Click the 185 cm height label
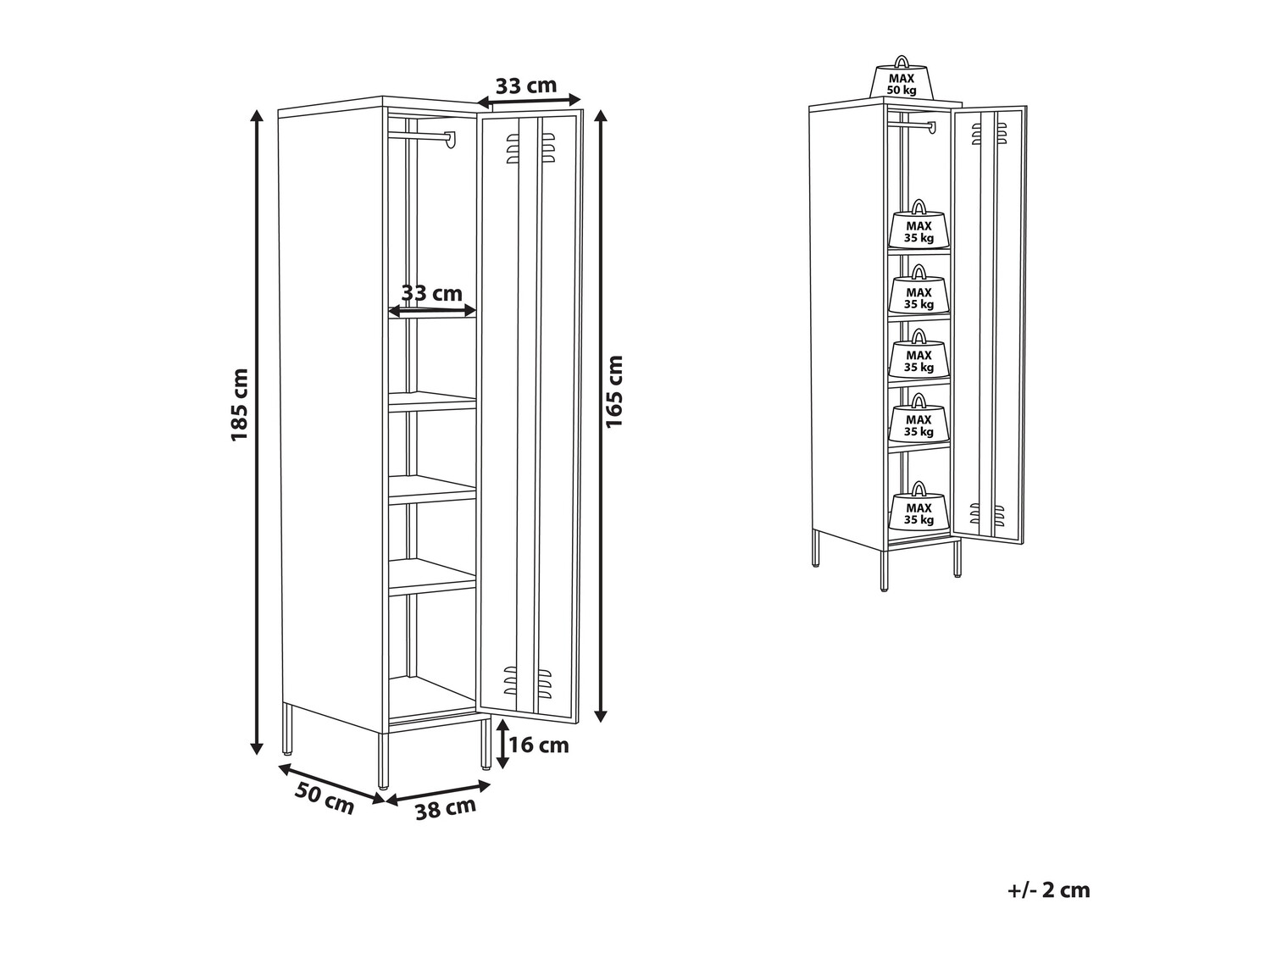coord(240,405)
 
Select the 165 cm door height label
coord(613,391)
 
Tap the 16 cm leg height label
coord(539,745)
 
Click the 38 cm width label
coord(446,808)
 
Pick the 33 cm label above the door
coord(526,86)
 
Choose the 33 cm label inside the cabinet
coord(432,293)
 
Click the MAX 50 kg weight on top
coord(902,78)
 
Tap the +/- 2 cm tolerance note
coord(1049,889)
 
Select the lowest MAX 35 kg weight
coord(919,507)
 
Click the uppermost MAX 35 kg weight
coord(919,225)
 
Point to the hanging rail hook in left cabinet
coord(451,140)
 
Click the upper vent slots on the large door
coord(530,148)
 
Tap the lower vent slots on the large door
coord(527,681)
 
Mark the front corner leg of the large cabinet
coord(383,761)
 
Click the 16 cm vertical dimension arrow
coord(503,743)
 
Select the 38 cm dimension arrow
coord(438,792)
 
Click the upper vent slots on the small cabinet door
coord(990,133)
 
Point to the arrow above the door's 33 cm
coord(529,103)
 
